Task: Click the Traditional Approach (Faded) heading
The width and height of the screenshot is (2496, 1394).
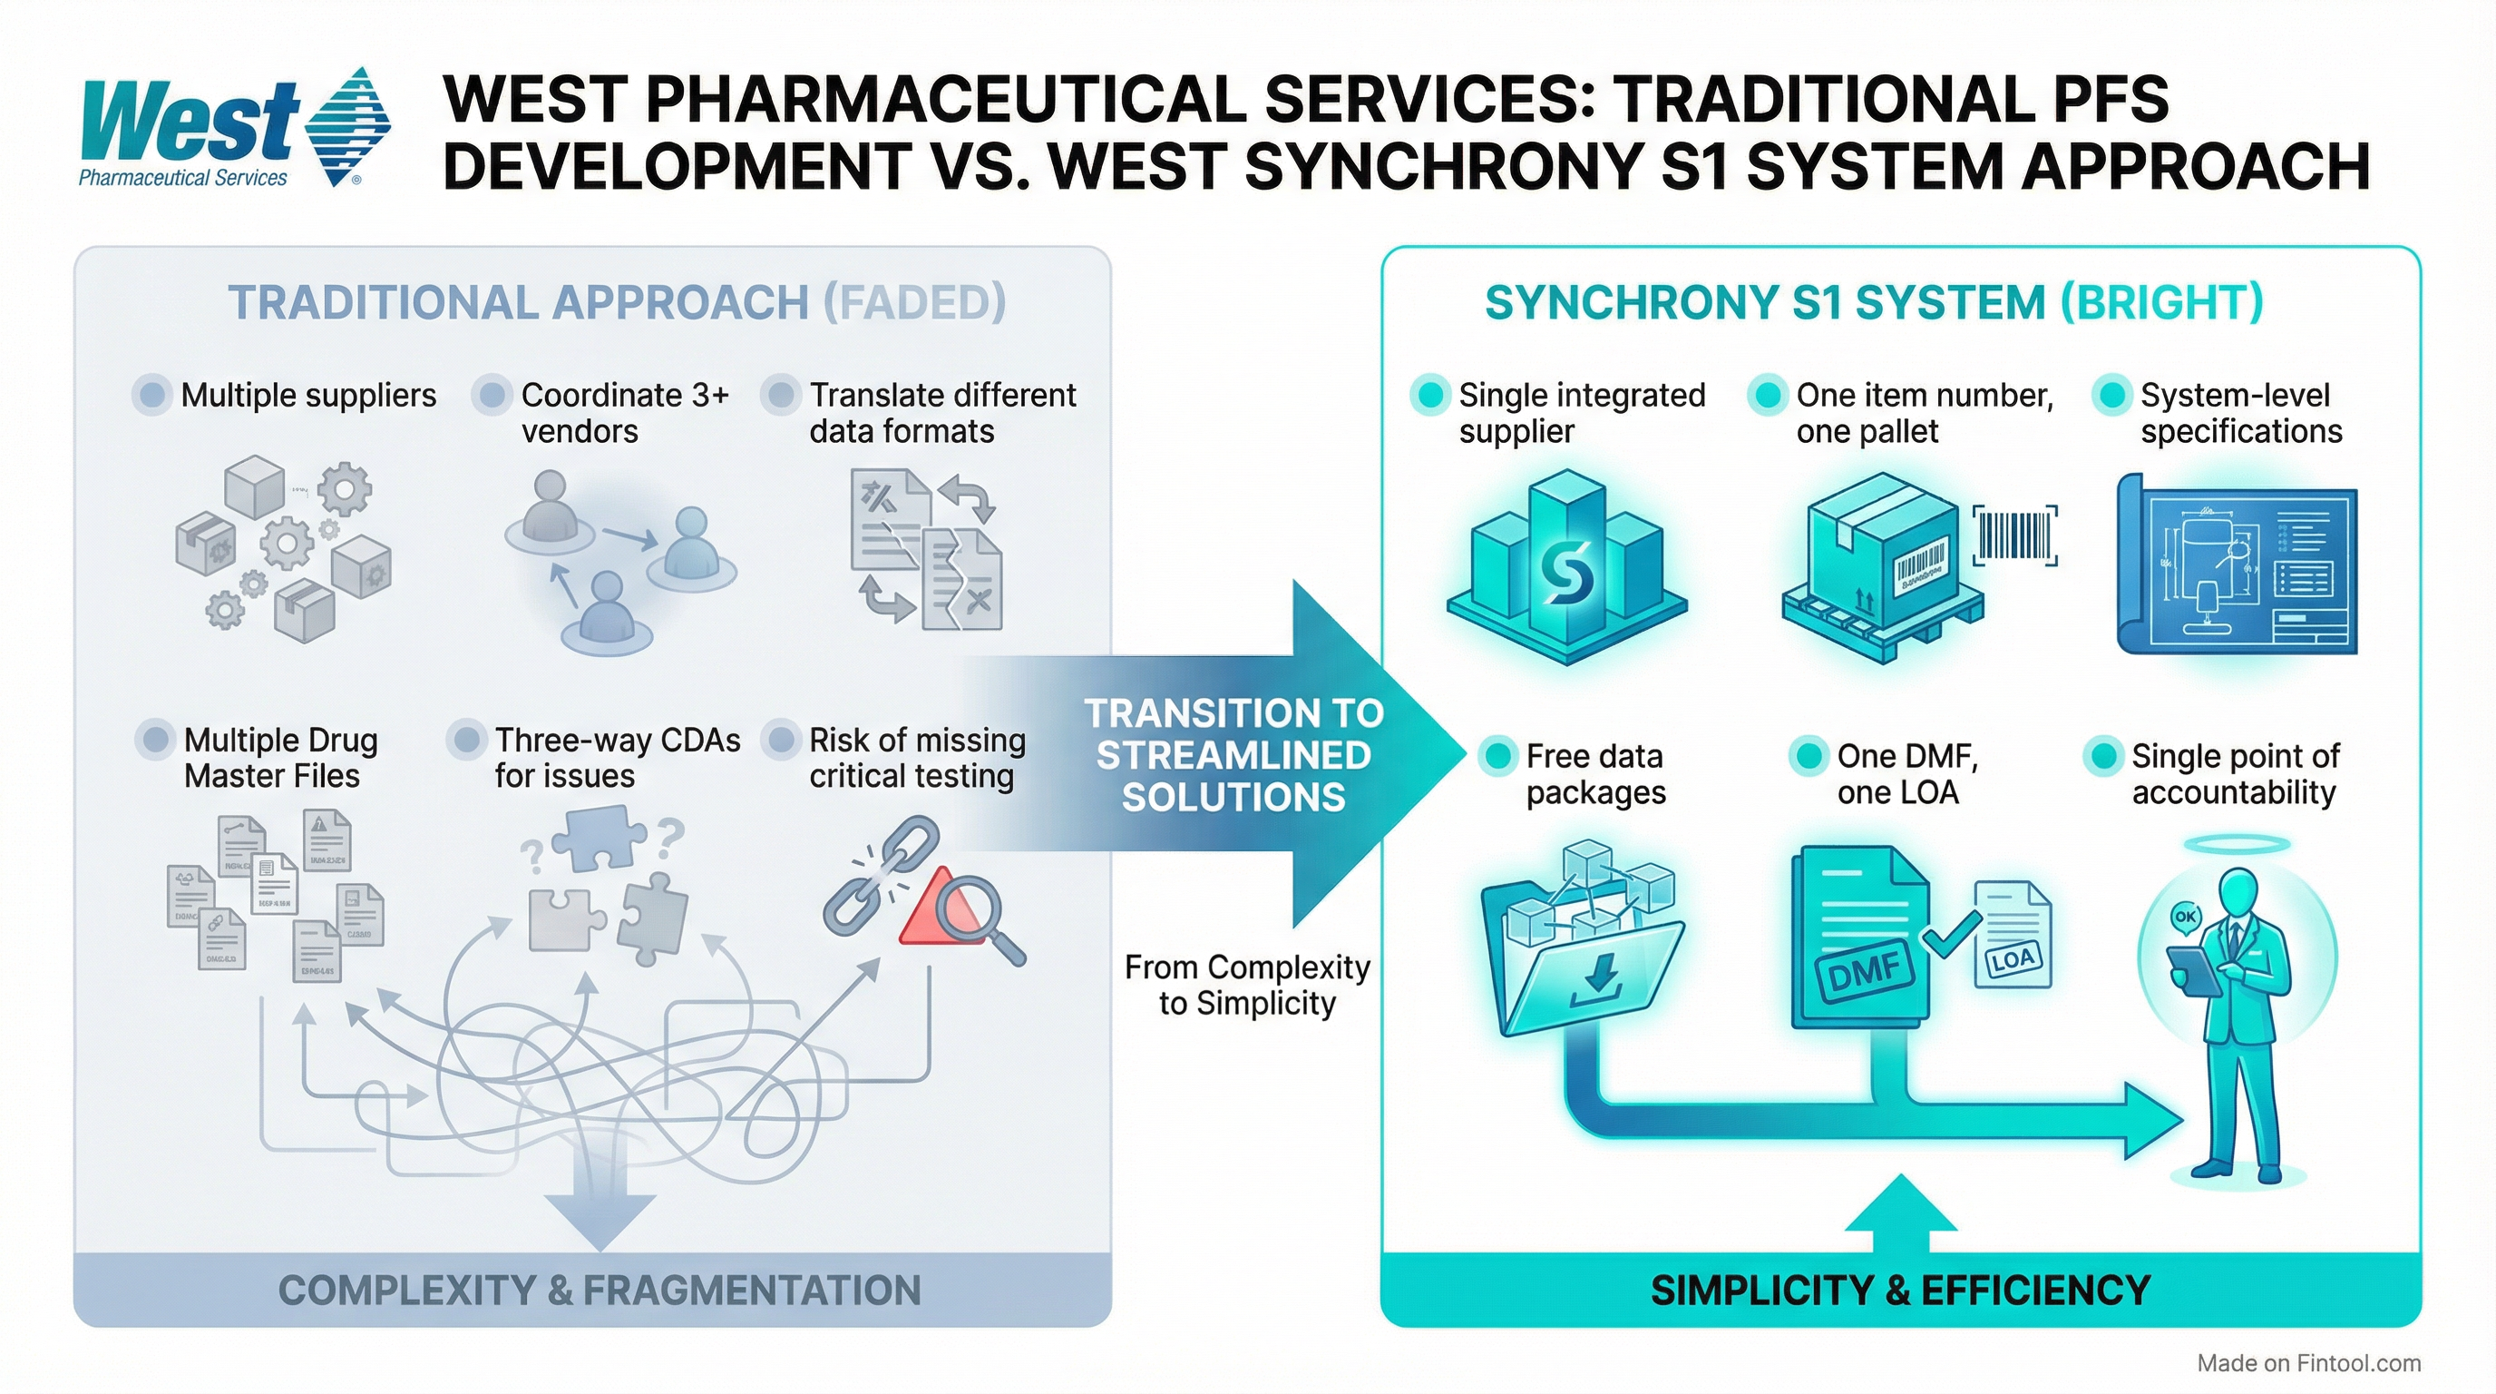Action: (616, 302)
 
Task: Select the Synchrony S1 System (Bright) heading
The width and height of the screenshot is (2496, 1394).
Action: (1874, 302)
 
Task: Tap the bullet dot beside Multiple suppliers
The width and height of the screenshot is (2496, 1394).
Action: (152, 395)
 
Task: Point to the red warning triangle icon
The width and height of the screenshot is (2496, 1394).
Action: (931, 911)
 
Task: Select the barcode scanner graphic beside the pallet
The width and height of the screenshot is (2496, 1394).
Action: (2014, 535)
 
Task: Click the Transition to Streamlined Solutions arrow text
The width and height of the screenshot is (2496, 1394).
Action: (1233, 755)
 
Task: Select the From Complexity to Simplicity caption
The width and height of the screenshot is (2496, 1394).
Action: (1246, 985)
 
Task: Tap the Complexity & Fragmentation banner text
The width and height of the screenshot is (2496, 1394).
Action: (599, 1291)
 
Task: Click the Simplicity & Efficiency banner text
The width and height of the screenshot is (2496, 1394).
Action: (1900, 1291)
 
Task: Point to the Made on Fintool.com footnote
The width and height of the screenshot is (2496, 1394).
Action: (2308, 1363)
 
